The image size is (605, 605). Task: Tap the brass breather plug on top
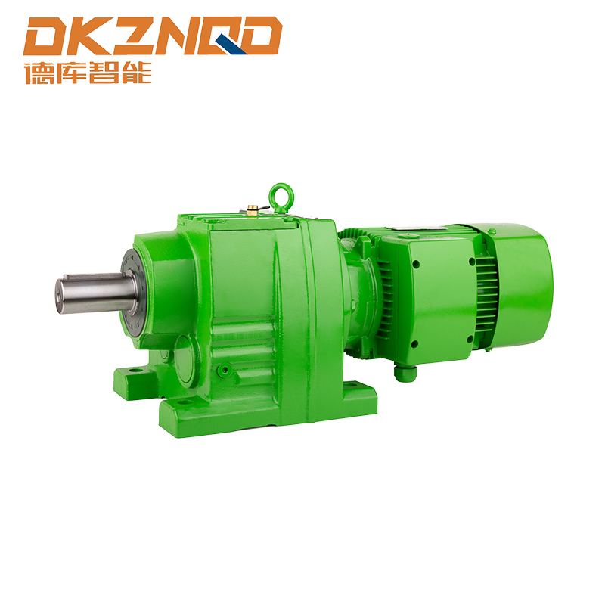point(253,209)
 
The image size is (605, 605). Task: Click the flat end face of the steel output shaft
point(60,296)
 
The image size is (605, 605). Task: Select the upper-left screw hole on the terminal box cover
point(416,265)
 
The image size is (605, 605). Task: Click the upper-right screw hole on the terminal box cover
point(471,262)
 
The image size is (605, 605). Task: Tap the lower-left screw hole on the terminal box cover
point(415,344)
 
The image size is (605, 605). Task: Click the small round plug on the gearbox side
point(224,370)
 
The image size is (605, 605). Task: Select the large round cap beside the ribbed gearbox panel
point(188,361)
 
